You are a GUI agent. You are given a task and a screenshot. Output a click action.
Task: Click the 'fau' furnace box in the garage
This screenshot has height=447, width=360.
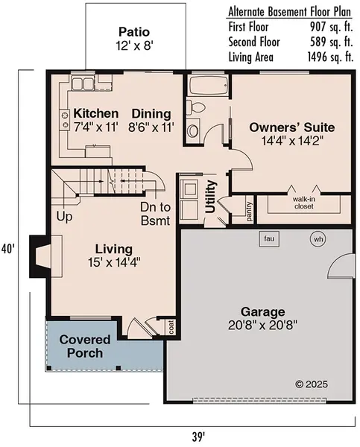pos(269,238)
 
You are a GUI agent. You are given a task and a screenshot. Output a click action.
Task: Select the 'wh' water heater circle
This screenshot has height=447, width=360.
pos(318,239)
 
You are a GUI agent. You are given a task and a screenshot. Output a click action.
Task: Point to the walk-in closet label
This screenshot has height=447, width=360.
pos(302,203)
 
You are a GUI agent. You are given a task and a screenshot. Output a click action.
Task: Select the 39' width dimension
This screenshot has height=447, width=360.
pos(197,436)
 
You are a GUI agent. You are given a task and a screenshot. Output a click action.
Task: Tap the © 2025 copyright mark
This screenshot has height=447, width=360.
pos(312,384)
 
